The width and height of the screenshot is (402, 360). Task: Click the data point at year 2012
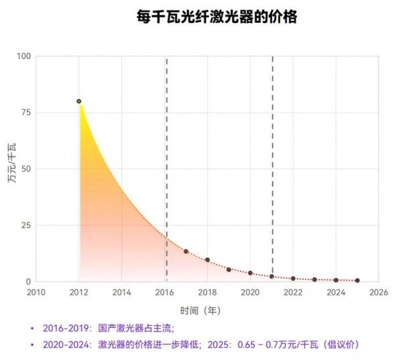(79, 101)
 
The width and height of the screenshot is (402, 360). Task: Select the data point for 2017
(186, 251)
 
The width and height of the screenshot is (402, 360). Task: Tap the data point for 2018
(208, 260)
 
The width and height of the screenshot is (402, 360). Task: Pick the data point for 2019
(229, 269)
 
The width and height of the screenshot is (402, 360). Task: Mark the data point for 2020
(251, 274)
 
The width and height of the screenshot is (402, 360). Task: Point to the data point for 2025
(357, 280)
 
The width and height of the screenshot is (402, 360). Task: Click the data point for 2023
(314, 280)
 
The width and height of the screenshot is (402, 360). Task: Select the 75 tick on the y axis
(26, 113)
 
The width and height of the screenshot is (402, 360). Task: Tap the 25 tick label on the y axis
(26, 225)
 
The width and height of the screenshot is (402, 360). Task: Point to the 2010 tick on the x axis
(36, 292)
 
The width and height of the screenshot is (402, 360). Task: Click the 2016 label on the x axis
(165, 292)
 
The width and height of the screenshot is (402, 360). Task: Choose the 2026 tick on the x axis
(379, 292)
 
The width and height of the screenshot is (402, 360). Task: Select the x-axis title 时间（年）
(200, 310)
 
